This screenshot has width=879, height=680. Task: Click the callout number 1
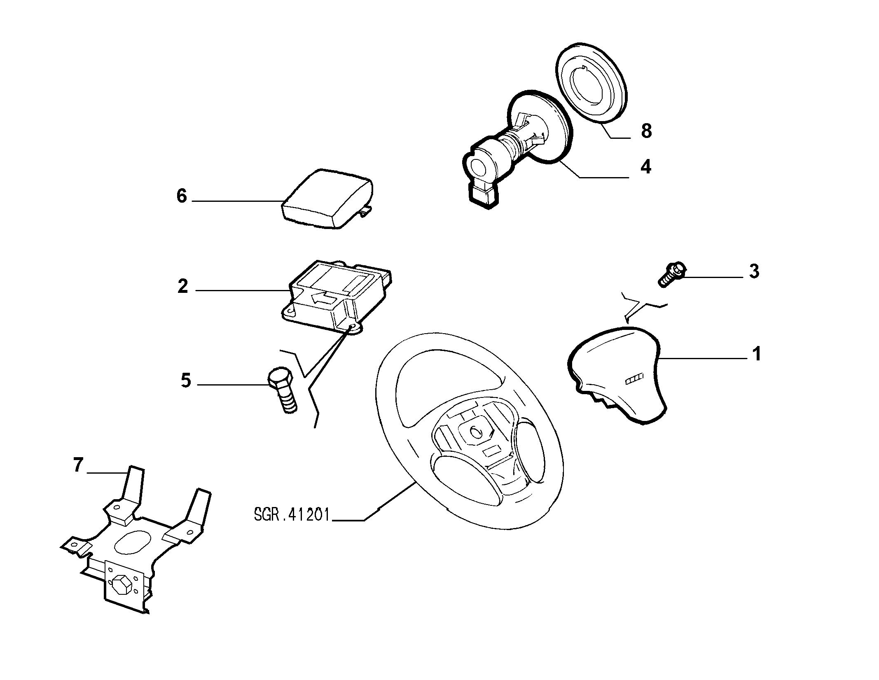756,354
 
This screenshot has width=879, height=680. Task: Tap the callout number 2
182,286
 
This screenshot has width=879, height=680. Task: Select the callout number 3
754,271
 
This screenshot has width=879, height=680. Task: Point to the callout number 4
645,167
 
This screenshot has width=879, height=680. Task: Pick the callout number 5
186,380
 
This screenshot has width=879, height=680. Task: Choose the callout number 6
182,196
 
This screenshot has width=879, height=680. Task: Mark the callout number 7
78,465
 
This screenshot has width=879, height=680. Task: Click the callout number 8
646,131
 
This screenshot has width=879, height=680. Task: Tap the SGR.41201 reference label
292,515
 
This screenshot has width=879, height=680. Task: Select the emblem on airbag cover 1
634,381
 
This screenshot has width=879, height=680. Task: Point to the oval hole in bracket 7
133,542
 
